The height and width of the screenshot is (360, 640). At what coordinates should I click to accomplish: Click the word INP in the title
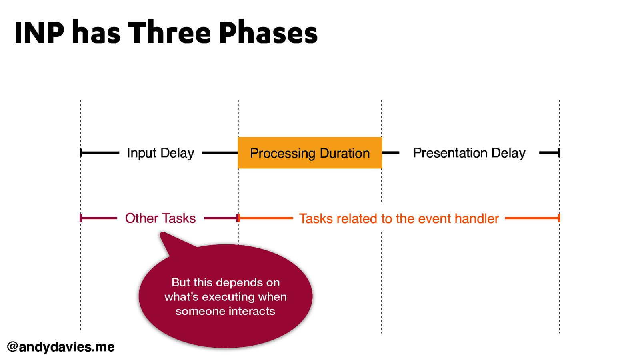coord(39,33)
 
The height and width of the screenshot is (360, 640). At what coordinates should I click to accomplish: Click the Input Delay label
coord(160,153)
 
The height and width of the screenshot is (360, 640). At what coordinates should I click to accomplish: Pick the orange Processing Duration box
coord(310,153)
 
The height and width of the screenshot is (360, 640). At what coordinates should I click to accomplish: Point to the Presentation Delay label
coord(469,153)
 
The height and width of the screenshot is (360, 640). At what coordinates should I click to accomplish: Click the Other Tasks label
coord(160,218)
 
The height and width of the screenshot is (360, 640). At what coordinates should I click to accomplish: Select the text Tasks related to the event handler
coord(399,219)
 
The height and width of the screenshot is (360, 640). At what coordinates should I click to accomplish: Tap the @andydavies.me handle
coord(61,347)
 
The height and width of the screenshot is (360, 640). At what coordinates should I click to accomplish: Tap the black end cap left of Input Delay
coord(81,152)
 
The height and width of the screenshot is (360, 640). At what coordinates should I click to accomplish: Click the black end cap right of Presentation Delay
coord(559,152)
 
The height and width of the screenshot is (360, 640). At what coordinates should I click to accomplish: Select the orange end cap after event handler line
coord(559,218)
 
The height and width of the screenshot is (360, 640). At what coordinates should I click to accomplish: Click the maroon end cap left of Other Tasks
coord(81,218)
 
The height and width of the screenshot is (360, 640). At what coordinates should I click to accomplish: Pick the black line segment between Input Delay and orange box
coord(219,152)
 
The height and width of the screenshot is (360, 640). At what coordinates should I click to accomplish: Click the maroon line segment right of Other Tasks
coord(220,218)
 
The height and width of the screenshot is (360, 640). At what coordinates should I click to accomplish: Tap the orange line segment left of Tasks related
coord(266,218)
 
